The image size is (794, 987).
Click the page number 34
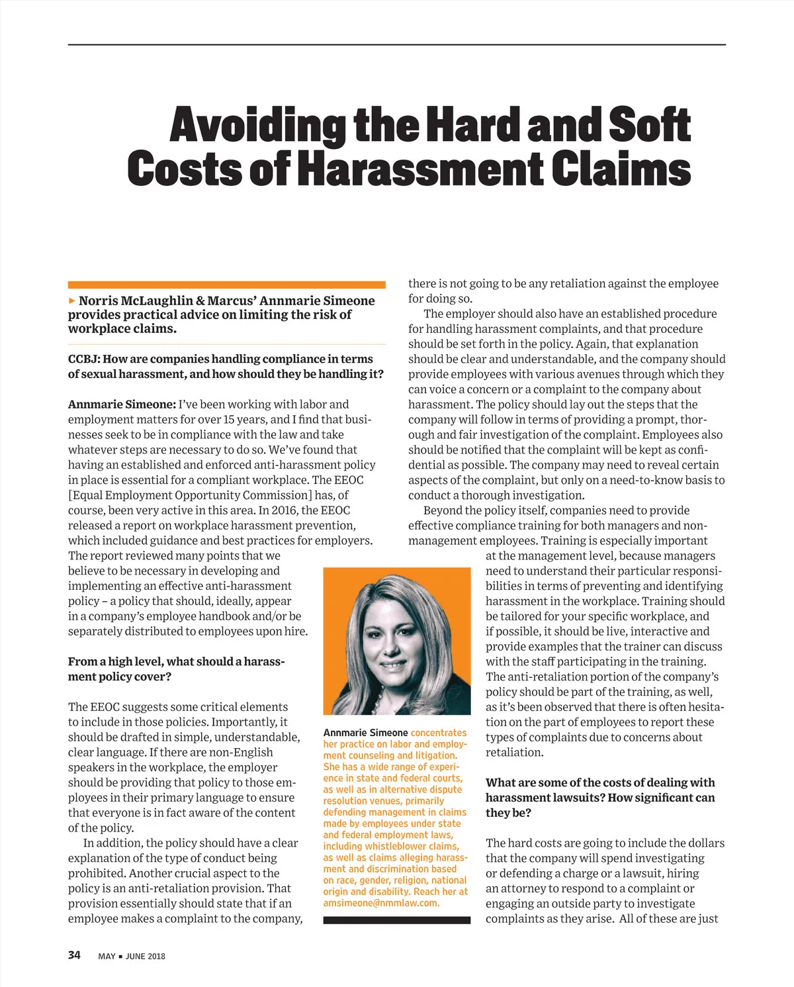74,955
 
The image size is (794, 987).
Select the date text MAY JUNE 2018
132,956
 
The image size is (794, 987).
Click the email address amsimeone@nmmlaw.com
380,903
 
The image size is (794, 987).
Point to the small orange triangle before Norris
72,301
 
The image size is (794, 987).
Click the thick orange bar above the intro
226,285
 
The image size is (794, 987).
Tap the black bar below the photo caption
396,920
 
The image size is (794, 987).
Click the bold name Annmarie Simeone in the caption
365,733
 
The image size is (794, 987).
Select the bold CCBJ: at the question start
84,359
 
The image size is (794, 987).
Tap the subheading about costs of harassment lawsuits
599,797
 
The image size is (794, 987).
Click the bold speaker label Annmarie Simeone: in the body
122,404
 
